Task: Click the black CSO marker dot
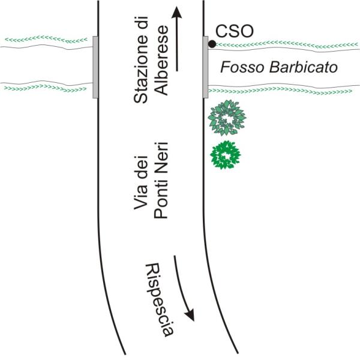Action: tap(212, 44)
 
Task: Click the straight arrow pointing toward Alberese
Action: tap(176, 39)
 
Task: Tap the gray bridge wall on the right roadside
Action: tap(205, 66)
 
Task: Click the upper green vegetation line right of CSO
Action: tap(288, 44)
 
